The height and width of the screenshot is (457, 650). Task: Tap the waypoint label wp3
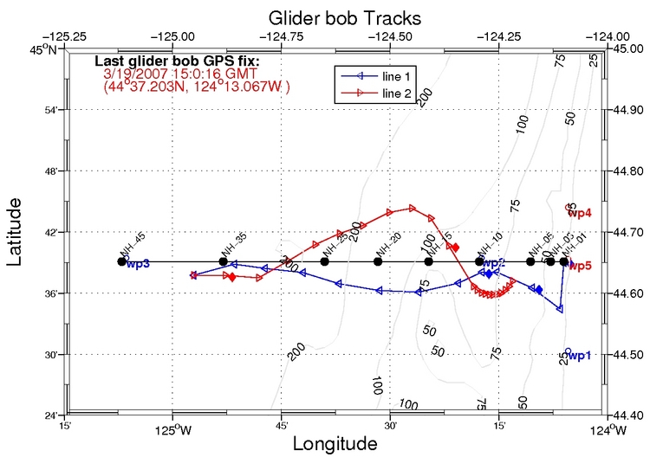[x=138, y=263]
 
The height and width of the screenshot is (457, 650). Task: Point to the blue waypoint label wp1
[x=579, y=355]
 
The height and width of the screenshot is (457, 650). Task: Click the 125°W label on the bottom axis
[x=175, y=427]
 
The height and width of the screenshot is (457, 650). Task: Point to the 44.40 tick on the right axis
[x=629, y=415]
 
